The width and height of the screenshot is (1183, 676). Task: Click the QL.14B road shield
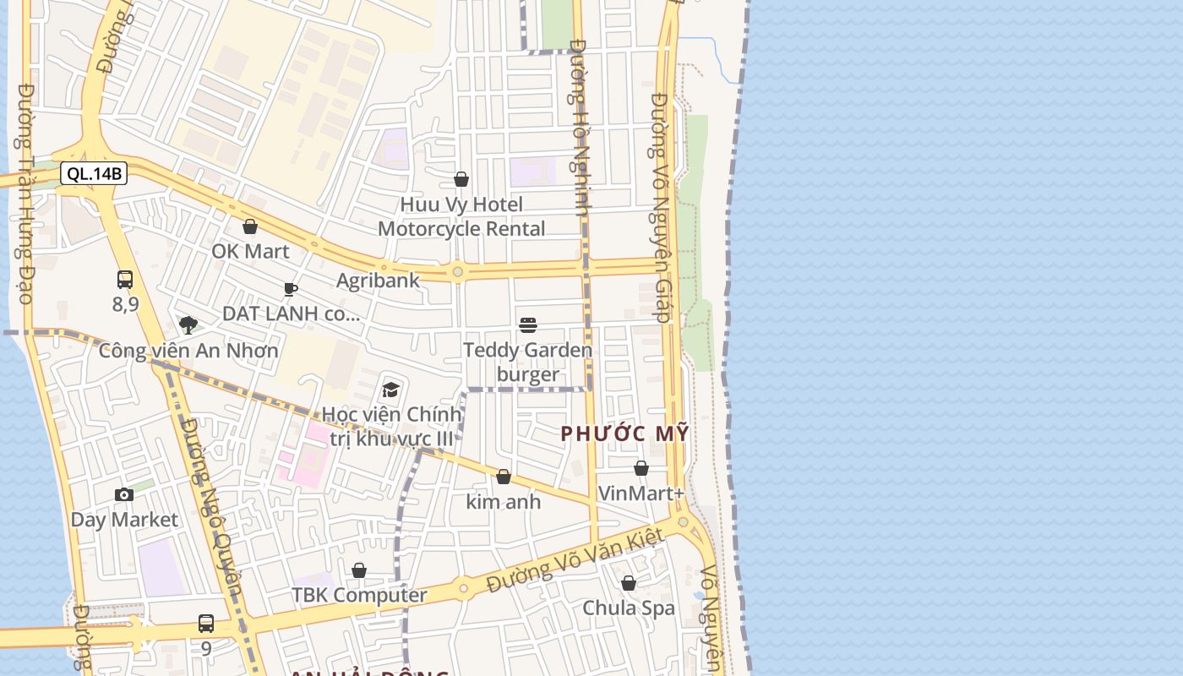coord(94,174)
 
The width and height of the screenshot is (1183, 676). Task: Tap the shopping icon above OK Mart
coord(250,226)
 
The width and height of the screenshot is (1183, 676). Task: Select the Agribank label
coord(378,281)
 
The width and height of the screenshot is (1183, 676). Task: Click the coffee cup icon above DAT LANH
coord(291,290)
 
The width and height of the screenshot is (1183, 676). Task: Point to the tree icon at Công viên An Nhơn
coord(188,325)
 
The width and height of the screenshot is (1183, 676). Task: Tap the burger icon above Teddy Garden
coord(528,325)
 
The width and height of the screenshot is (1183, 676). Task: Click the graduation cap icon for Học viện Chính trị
coord(390,390)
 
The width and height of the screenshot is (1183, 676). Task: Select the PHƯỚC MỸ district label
coord(625,433)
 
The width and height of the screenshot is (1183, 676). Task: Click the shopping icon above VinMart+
coord(641,468)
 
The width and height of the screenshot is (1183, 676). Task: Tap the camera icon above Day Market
coord(124,495)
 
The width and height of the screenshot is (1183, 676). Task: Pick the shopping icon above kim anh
coord(504,477)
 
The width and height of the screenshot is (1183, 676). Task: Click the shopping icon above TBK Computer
coord(359,570)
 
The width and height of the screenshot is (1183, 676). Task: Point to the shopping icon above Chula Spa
coord(629,583)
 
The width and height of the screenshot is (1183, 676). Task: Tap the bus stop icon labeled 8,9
coord(125,280)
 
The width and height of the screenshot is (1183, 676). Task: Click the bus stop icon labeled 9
coord(206,624)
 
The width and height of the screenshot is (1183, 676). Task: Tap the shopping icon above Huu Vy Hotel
coord(461,179)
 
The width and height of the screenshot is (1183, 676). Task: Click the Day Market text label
coord(124,520)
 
